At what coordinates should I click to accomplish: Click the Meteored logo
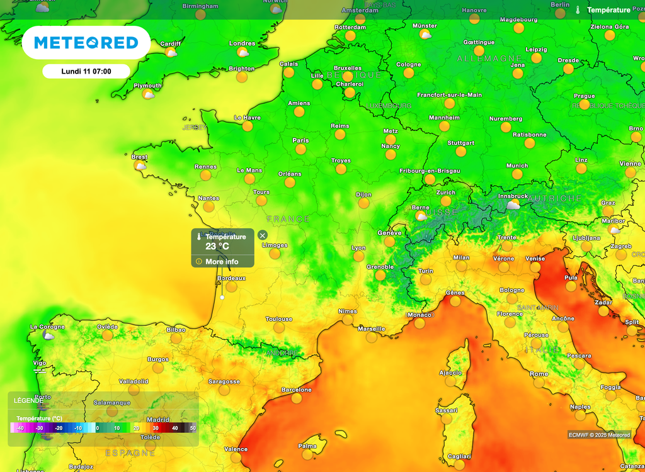point(86,43)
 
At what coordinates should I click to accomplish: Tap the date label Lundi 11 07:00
point(86,71)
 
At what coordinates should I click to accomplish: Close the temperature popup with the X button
point(263,235)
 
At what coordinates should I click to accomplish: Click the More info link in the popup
point(222,261)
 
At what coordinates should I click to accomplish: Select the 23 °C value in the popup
point(217,247)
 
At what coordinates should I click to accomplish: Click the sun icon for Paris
point(300,149)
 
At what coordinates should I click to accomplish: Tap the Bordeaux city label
point(231,278)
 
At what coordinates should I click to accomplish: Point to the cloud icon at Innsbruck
point(513,205)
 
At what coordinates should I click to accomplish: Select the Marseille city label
point(372,329)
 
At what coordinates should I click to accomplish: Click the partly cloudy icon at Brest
point(140,166)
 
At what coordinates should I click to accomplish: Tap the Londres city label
point(242,43)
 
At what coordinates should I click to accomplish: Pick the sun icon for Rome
point(539,383)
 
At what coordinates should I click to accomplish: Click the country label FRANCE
point(288,219)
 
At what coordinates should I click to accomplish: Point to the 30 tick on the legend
point(155,428)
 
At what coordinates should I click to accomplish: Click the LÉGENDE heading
point(29,400)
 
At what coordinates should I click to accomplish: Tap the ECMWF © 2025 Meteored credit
point(599,435)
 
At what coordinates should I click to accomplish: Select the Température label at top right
point(608,10)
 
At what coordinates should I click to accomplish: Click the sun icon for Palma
point(307,454)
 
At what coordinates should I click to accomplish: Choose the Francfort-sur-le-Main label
point(449,95)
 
